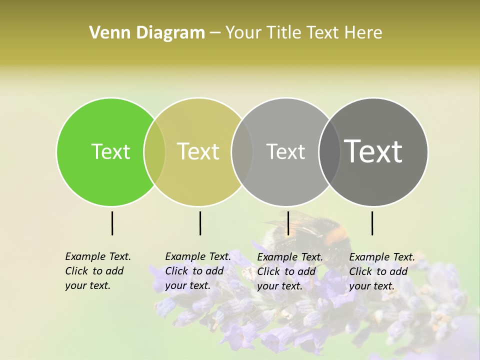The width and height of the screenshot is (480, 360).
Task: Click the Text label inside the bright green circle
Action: [x=110, y=151]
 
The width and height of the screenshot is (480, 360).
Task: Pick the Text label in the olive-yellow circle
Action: [x=198, y=151]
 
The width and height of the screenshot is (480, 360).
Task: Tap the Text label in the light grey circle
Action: [x=285, y=151]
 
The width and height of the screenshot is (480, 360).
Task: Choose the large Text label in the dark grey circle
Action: [x=373, y=151]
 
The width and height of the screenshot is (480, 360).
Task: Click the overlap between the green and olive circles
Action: [x=154, y=152]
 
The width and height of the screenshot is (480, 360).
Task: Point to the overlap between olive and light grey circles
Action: [x=242, y=152]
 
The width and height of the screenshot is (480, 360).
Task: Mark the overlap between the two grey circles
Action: [x=329, y=152]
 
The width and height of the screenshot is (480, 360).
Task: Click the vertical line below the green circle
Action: [x=112, y=223]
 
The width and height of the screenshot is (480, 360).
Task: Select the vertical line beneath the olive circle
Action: [x=200, y=223]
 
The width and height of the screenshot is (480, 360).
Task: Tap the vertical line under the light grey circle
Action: [x=288, y=223]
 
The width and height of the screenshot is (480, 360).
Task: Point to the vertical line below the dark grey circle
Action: [x=372, y=223]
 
